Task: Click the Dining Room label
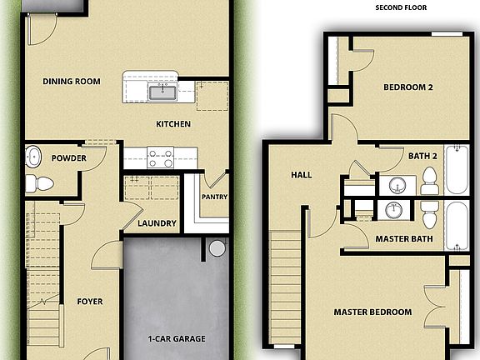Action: [72, 82]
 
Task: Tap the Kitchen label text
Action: [173, 124]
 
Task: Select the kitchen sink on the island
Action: [162, 91]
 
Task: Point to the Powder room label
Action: [69, 158]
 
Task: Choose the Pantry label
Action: [214, 197]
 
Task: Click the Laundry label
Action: [157, 223]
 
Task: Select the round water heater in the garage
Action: [217, 247]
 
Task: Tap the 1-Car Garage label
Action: [177, 339]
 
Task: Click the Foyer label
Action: [90, 301]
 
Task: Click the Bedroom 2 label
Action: [408, 87]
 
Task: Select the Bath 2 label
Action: [422, 156]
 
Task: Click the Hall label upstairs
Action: [301, 176]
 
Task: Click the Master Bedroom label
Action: [372, 312]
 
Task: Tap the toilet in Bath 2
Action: [429, 179]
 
